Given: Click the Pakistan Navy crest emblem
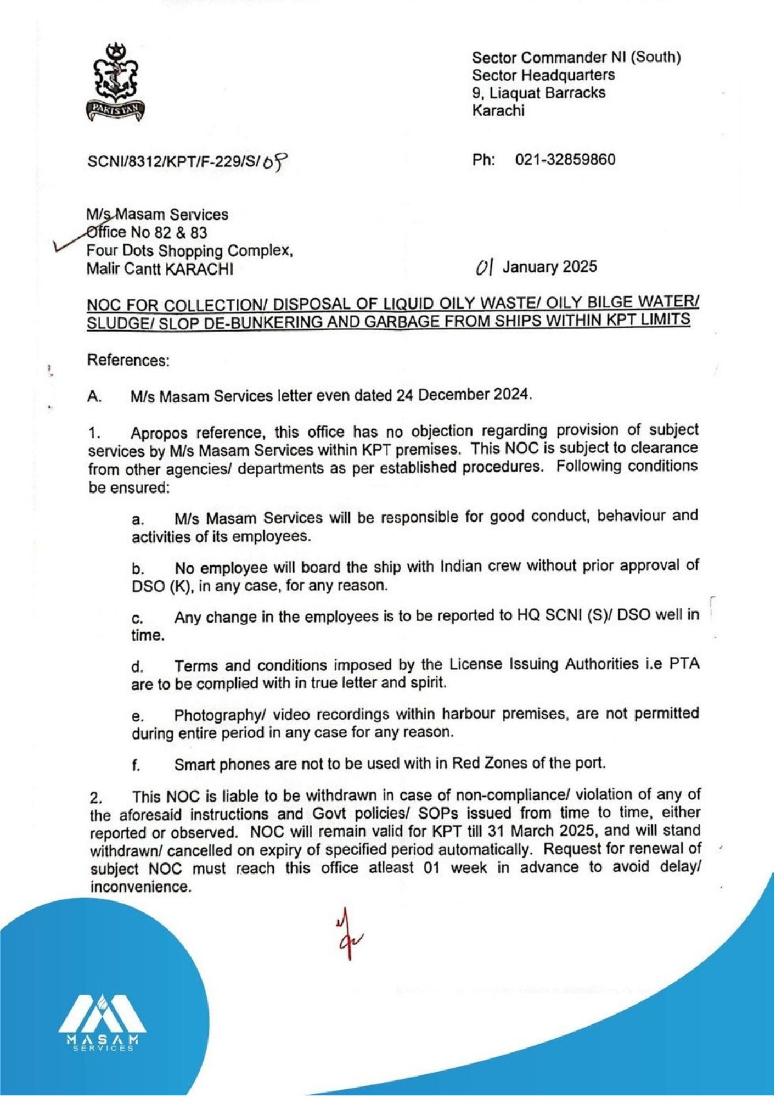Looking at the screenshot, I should click(115, 82).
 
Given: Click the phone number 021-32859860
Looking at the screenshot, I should click(565, 160).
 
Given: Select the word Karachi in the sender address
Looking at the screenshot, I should click(498, 110).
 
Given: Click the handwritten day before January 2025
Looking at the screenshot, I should click(485, 267).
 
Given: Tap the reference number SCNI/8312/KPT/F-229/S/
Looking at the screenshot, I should click(173, 162).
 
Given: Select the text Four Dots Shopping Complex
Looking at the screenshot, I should click(189, 251).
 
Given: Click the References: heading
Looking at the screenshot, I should click(128, 361).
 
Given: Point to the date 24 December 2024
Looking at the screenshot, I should click(464, 395).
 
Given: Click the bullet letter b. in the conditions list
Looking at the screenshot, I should click(138, 568).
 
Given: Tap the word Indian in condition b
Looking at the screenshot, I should click(464, 566).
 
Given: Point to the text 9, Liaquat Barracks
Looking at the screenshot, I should click(538, 93).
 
